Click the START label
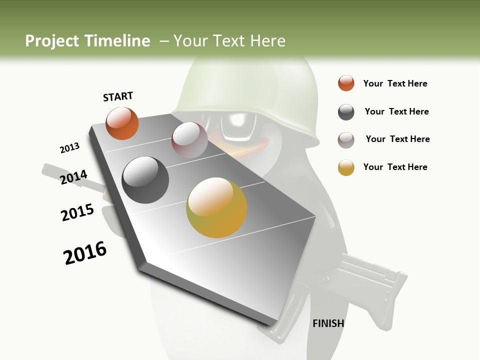click(x=118, y=96)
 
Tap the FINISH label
click(x=328, y=323)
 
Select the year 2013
click(x=69, y=148)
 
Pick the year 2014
click(x=74, y=177)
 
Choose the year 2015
click(x=77, y=212)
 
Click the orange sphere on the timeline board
click(x=122, y=123)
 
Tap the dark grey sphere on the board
click(x=145, y=180)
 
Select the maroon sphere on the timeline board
click(x=189, y=140)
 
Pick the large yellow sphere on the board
click(x=216, y=207)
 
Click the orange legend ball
click(x=346, y=83)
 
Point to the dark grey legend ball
click(x=346, y=112)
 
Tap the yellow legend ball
click(x=346, y=167)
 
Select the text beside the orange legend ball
click(x=395, y=84)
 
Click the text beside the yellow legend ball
click(x=395, y=167)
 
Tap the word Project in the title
click(x=50, y=41)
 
